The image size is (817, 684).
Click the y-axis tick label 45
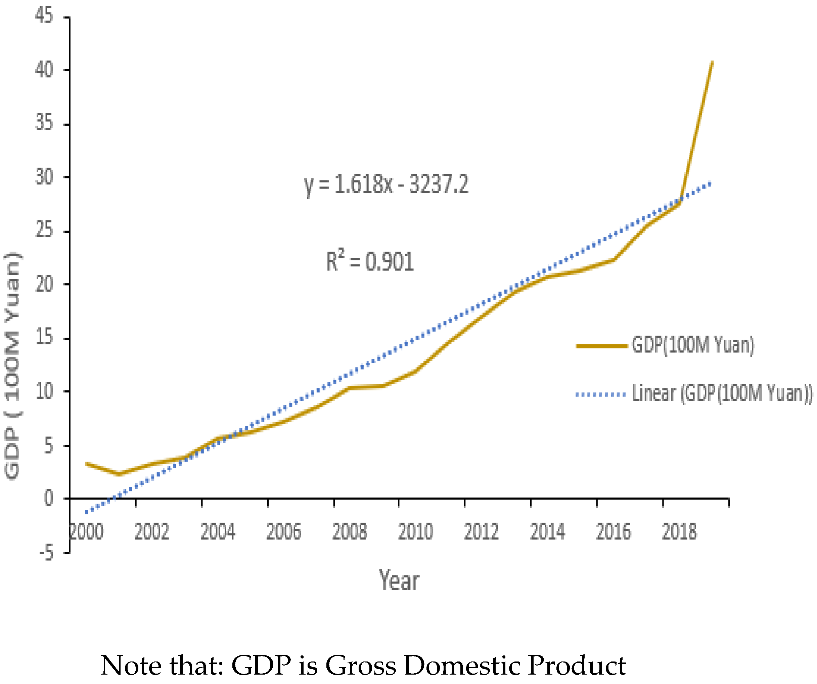[44, 16]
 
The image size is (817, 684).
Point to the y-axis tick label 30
[44, 177]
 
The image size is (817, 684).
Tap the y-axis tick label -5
[46, 553]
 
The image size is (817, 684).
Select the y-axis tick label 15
[44, 337]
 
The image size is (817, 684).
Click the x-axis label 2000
[86, 532]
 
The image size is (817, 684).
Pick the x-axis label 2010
[415, 532]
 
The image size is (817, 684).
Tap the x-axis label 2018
[679, 532]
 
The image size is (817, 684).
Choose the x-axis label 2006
[284, 532]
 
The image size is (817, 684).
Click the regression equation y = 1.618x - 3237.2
[386, 184]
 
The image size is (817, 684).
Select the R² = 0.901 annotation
[370, 261]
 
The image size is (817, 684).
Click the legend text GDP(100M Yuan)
[692, 345]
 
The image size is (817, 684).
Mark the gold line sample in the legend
[601, 346]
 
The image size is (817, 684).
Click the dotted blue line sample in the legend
[601, 394]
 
